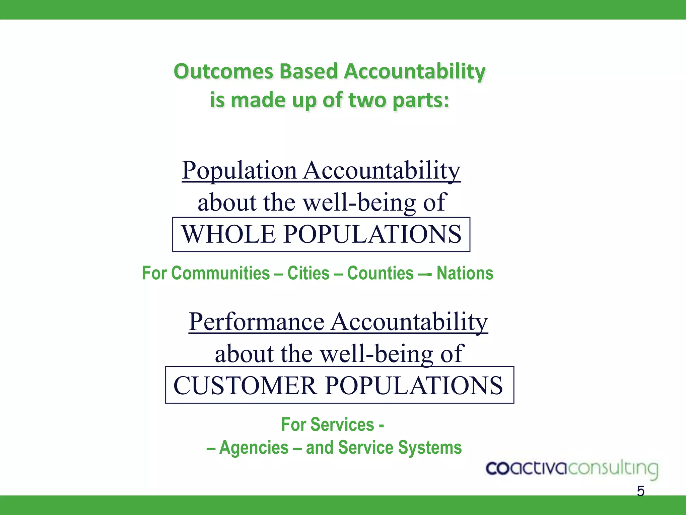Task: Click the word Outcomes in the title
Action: [223, 72]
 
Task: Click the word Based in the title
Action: [308, 72]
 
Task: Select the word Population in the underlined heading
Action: [239, 171]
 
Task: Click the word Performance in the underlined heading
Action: [256, 322]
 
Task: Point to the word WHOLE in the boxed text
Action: [228, 234]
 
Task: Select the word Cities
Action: [308, 273]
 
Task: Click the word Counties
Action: [380, 273]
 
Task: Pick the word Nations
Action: [465, 273]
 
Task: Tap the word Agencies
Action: [254, 448]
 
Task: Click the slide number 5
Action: [640, 491]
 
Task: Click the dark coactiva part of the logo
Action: [526, 468]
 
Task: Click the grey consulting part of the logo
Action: [613, 469]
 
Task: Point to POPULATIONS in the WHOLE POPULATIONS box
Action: [372, 234]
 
